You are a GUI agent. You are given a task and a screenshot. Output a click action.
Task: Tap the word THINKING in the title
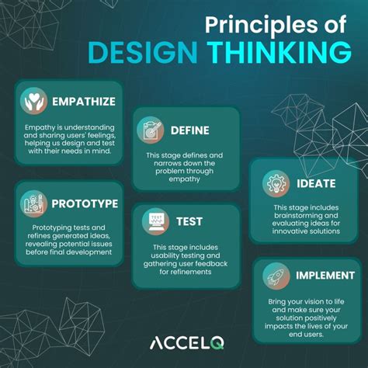(x=273, y=52)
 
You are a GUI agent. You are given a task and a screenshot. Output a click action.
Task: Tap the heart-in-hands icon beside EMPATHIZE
(x=33, y=101)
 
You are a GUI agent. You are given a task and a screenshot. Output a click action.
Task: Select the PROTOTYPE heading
(x=85, y=203)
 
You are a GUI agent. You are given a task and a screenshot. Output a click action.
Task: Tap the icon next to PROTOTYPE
(x=33, y=203)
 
